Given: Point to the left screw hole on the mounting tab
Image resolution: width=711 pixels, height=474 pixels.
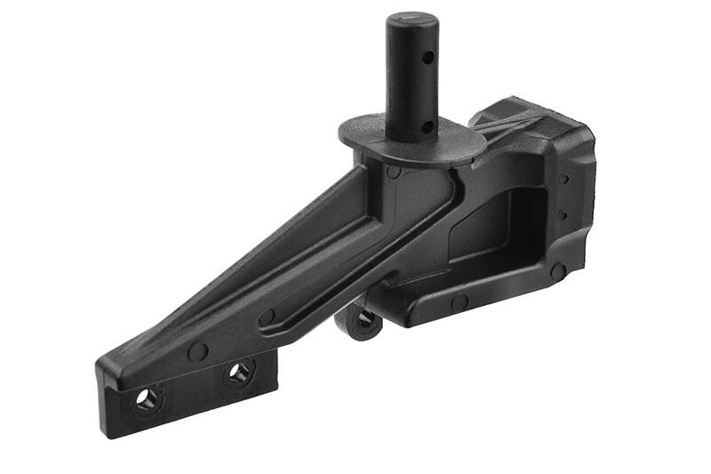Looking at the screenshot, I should click(146, 398).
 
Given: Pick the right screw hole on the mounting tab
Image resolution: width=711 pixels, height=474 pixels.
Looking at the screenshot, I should click(239, 372).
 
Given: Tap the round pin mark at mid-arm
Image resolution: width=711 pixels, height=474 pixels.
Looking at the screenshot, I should click(266, 316).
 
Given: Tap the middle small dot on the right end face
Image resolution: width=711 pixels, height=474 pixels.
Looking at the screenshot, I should click(562, 215).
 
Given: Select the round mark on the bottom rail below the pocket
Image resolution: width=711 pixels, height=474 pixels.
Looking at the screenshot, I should click(459, 301).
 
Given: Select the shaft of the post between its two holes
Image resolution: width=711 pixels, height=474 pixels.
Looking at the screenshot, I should click(411, 93).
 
